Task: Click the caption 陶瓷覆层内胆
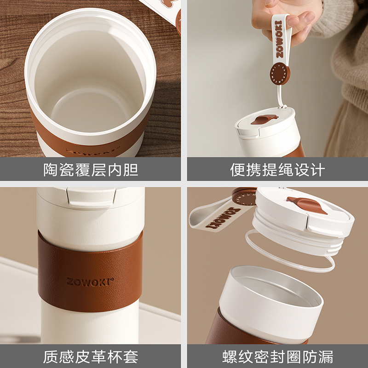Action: click(x=91, y=169)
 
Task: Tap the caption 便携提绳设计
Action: click(x=277, y=169)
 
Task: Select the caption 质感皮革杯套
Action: click(x=91, y=357)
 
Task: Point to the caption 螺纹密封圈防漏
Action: click(x=278, y=357)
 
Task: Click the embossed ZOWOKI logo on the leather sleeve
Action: click(x=90, y=282)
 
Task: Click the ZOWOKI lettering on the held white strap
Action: click(x=279, y=39)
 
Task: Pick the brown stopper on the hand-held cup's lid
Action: click(x=264, y=119)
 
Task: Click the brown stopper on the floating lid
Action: click(x=306, y=205)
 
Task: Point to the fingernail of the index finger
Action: click(x=309, y=17)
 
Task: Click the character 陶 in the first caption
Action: click(x=51, y=169)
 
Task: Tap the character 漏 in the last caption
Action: click(x=326, y=357)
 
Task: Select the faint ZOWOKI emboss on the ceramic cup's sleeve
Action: click(x=93, y=151)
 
